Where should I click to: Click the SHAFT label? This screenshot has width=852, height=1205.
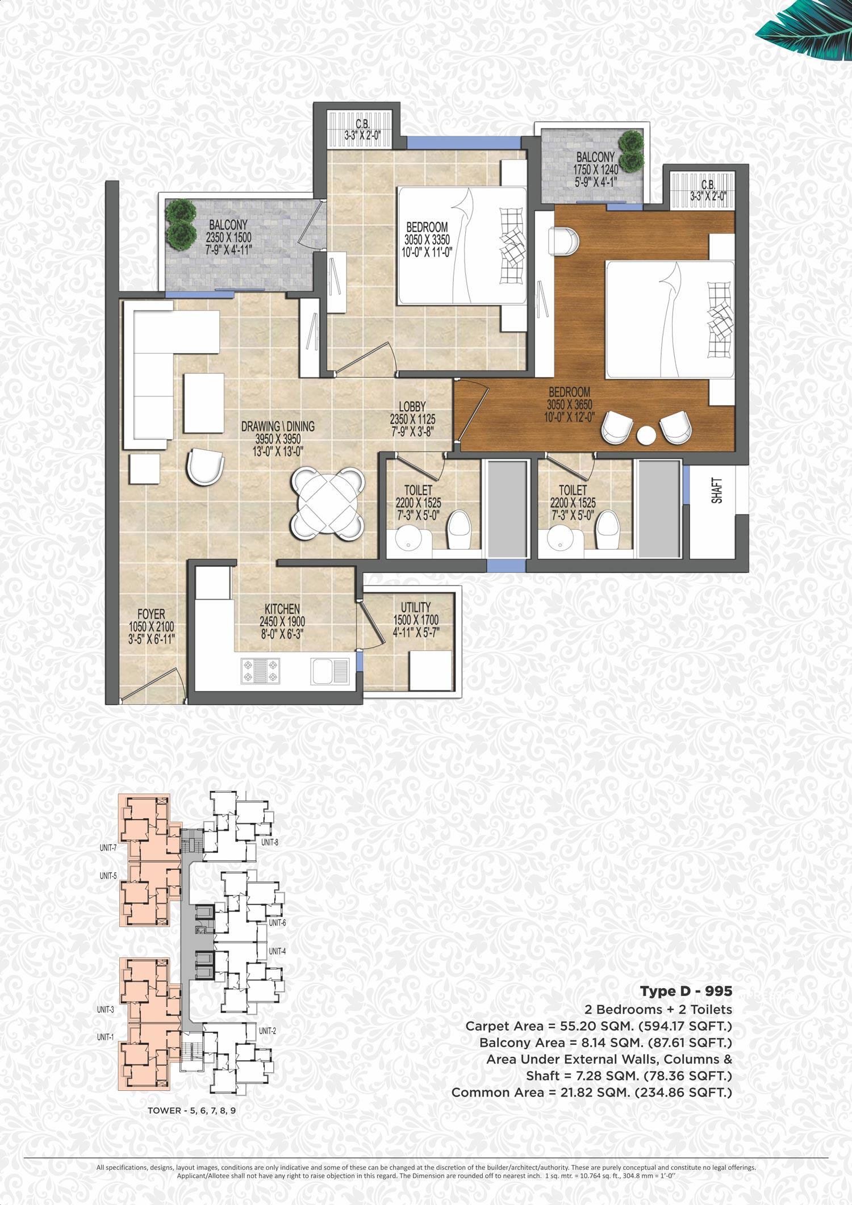pos(717,491)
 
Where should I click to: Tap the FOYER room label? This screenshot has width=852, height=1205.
pos(151,614)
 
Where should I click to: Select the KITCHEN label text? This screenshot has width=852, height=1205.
pos(282,609)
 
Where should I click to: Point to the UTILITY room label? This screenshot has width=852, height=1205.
pos(416,607)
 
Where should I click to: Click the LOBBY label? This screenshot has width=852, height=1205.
pos(412,407)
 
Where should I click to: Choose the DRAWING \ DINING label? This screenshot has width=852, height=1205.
pos(278,426)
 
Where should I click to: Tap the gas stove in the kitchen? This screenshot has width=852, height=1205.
pos(261,670)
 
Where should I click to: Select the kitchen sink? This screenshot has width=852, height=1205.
pos(330,671)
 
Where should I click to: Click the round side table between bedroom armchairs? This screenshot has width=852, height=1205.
pos(646,436)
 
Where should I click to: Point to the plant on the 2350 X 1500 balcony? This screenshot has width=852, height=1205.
pos(181,224)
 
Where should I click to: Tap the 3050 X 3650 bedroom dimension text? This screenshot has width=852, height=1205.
pos(569,405)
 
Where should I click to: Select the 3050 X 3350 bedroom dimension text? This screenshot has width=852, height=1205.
pos(427,240)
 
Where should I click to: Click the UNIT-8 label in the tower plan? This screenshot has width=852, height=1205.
pos(270,842)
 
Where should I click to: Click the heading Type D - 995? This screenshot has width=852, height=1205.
pos(686,991)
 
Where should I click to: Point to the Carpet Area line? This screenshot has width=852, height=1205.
pos(599,1026)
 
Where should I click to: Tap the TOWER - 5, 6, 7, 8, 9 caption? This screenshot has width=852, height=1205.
pos(191,1110)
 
